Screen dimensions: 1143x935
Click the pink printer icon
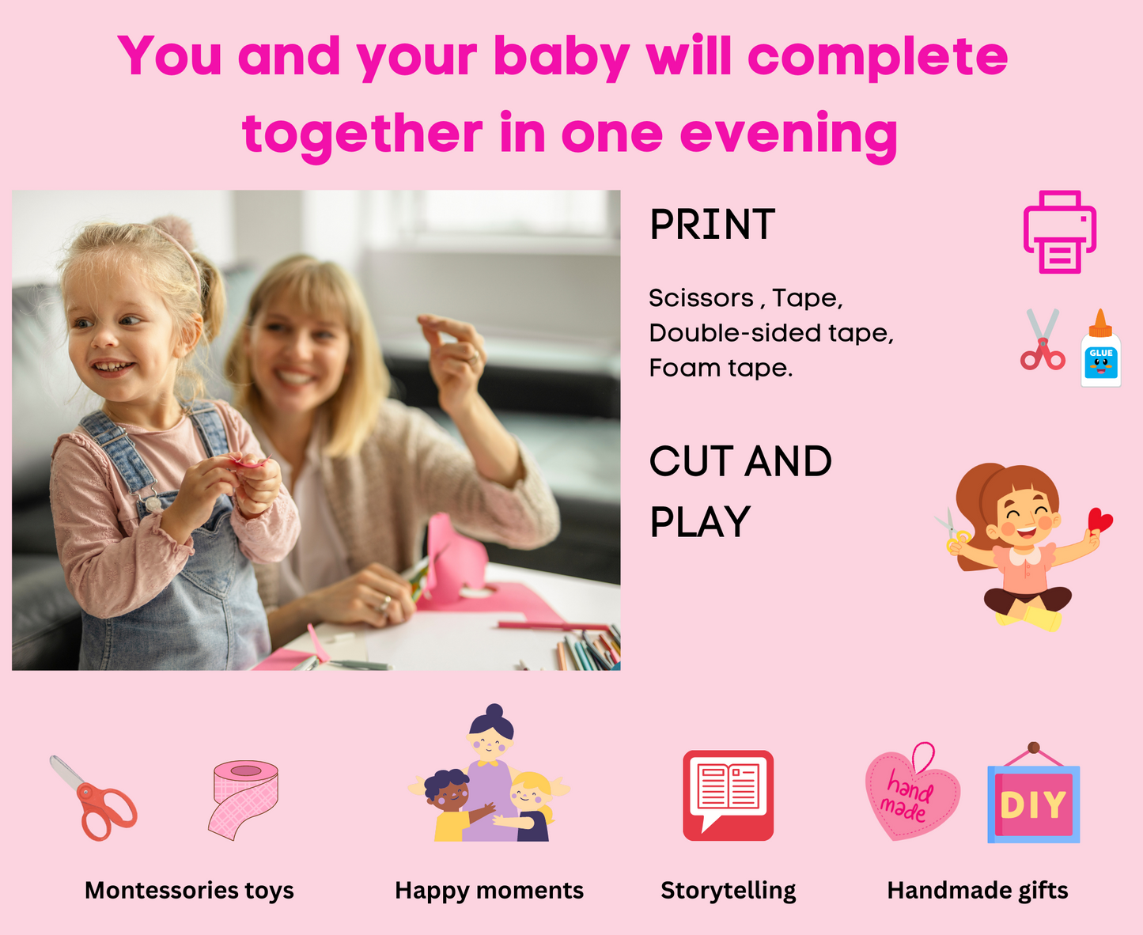click(1059, 232)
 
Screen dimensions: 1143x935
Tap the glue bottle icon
click(1101, 348)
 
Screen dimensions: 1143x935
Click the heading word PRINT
click(712, 225)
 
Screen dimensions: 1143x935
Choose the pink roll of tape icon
click(244, 799)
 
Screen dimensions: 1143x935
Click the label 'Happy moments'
click(489, 891)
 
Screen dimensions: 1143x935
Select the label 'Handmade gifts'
click(977, 891)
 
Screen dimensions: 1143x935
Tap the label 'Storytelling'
click(729, 891)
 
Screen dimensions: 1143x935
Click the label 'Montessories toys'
click(189, 891)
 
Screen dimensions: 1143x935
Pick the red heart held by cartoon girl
click(1099, 520)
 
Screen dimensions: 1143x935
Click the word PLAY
click(700, 521)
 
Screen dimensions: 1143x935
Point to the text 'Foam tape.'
click(721, 368)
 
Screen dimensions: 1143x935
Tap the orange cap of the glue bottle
click(1100, 324)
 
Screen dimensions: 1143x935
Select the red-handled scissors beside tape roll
click(96, 798)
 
